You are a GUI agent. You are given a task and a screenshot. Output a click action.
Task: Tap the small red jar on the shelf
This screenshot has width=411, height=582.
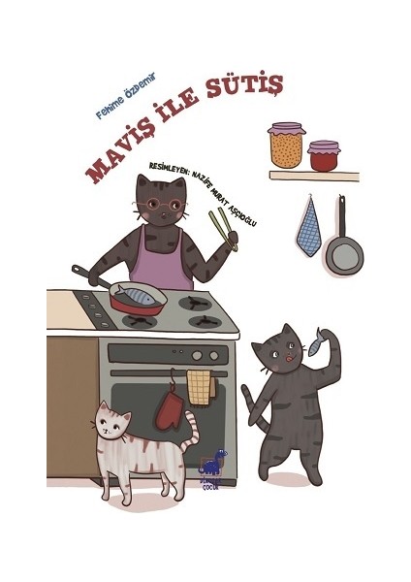(324, 156)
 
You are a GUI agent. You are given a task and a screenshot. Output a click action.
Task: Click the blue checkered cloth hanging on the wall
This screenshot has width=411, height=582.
(308, 231)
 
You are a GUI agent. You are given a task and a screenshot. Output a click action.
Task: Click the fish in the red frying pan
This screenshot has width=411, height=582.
(138, 294)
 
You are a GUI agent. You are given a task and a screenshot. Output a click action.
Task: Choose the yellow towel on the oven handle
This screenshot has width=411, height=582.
(201, 386)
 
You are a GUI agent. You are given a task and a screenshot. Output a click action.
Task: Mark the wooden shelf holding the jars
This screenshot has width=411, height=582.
(313, 176)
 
